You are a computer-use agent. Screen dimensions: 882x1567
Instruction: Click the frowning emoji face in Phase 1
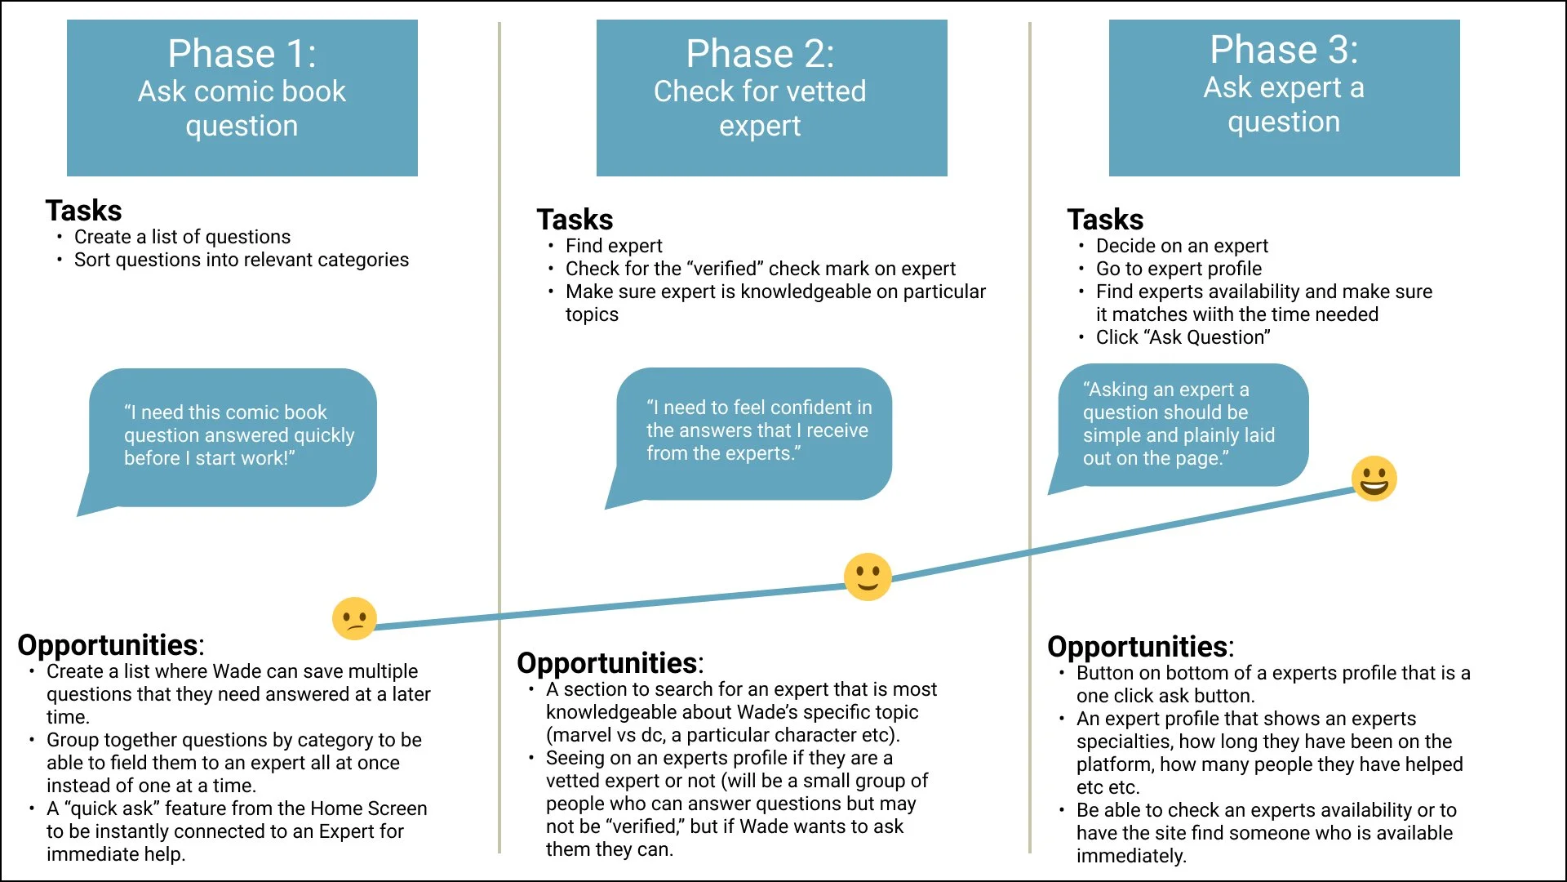click(x=354, y=618)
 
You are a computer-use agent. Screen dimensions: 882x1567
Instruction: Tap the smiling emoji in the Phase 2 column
click(x=868, y=577)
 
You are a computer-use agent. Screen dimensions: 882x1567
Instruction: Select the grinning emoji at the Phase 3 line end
click(x=1374, y=479)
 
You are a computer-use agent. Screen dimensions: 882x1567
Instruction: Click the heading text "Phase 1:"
click(x=242, y=54)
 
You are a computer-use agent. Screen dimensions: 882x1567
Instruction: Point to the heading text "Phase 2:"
click(x=760, y=54)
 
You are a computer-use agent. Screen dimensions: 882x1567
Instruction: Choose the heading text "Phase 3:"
click(x=1284, y=50)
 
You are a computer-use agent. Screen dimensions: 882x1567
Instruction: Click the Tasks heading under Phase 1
click(x=83, y=211)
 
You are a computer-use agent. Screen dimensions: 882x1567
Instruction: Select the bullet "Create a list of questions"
click(x=182, y=237)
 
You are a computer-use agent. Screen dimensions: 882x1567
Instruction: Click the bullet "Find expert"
click(x=614, y=246)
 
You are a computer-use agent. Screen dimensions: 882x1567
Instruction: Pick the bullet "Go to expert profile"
click(x=1179, y=269)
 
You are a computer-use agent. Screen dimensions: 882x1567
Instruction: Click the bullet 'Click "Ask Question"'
click(x=1183, y=337)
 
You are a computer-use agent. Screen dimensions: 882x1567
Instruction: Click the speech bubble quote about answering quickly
click(x=238, y=435)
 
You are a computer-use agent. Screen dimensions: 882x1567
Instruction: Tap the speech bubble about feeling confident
click(x=759, y=430)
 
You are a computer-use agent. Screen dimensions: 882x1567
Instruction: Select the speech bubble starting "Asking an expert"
click(x=1179, y=424)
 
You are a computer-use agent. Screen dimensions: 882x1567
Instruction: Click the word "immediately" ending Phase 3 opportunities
click(x=1130, y=856)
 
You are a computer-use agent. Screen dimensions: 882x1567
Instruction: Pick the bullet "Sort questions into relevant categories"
click(x=242, y=260)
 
